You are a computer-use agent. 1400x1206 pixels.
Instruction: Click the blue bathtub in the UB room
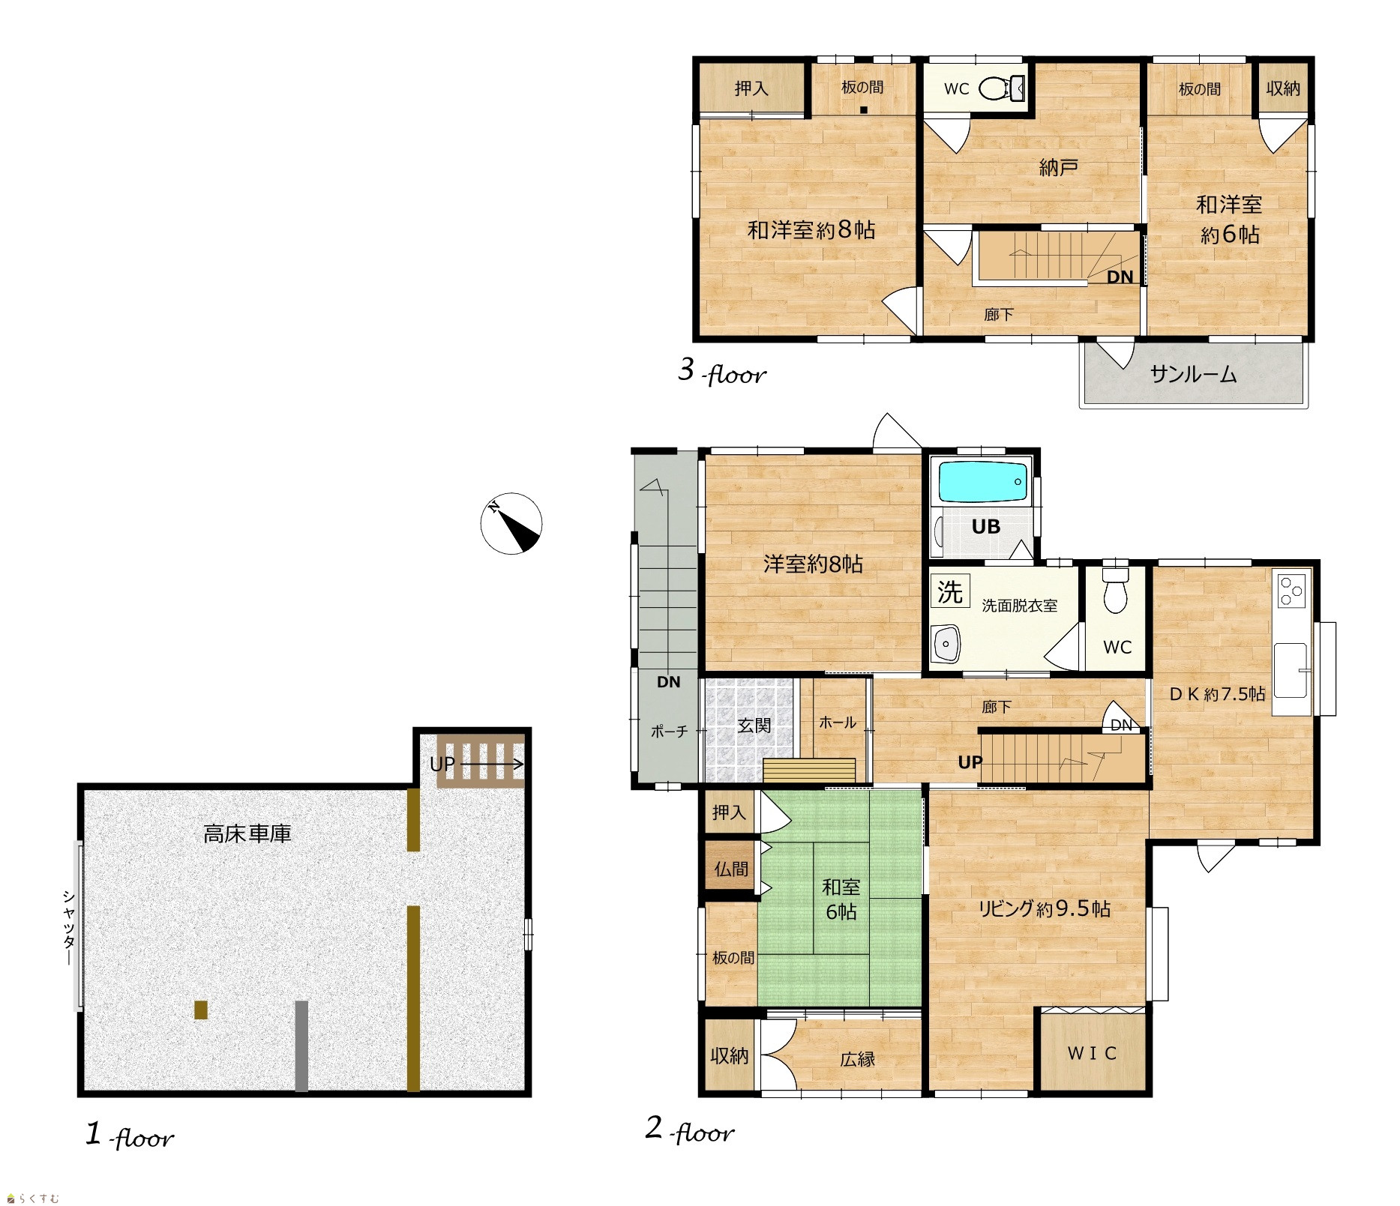coord(983,482)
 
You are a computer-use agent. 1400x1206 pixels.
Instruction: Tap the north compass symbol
coord(511,523)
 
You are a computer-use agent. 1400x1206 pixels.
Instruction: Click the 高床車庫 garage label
coord(247,833)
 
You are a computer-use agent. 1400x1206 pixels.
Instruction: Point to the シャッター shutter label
coord(68,927)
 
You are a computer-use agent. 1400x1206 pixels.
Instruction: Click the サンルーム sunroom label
coord(1193,374)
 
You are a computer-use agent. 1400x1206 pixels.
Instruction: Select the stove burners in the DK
coord(1291,590)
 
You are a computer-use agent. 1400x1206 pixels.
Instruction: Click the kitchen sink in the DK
coord(1291,670)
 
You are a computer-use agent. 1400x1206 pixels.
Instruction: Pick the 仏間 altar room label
coord(730,869)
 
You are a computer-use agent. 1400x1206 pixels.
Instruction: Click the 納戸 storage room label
coord(1059,167)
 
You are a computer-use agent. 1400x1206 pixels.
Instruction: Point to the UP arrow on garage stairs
coord(491,765)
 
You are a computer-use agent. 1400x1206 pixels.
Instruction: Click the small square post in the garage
coord(200,1010)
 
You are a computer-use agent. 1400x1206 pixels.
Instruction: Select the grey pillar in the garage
coord(301,1046)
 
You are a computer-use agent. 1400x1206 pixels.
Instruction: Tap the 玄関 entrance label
coord(753,725)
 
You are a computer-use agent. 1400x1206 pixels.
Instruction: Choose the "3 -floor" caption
coord(722,371)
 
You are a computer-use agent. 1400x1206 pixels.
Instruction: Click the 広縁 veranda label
coord(857,1060)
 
